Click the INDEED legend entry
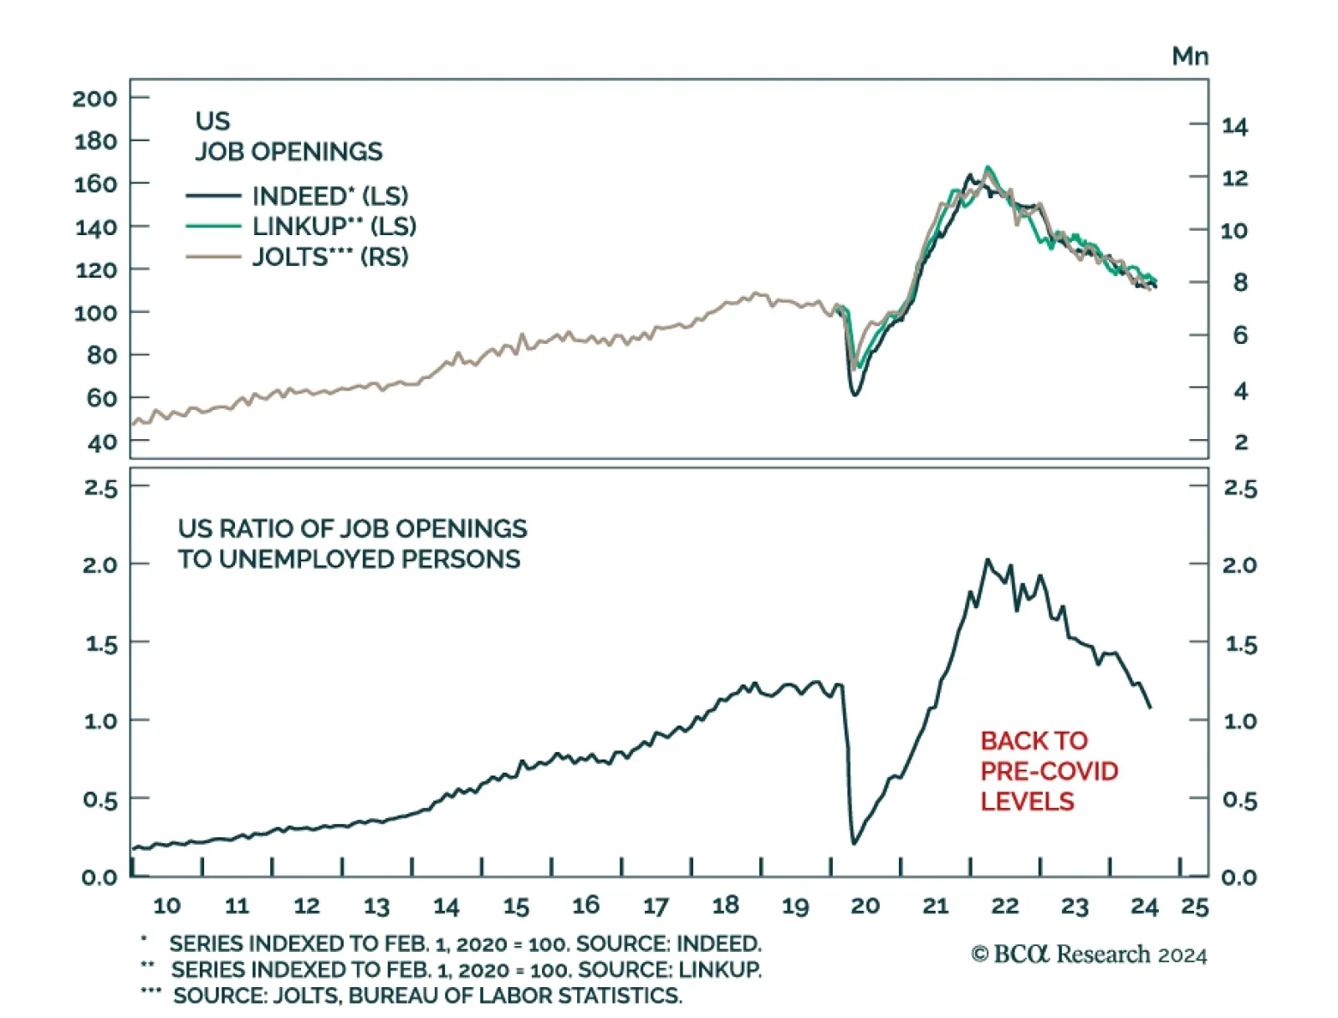tap(329, 196)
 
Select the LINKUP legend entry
tap(334, 226)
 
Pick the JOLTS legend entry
tap(329, 257)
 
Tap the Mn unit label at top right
tap(1189, 56)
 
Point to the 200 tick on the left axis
tap(94, 99)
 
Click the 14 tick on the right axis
tap(1234, 126)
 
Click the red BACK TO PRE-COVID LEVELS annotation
tap(1049, 770)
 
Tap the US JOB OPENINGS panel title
tap(289, 136)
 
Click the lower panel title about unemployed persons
tap(352, 544)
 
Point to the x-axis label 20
tap(865, 906)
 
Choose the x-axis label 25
tap(1194, 907)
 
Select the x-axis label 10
tap(166, 906)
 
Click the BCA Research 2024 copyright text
tap(1089, 954)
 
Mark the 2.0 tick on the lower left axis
tap(100, 565)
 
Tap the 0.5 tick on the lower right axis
tap(1239, 801)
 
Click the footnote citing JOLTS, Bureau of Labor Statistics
tap(427, 995)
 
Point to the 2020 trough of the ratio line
tap(853, 843)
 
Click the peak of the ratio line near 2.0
tap(987, 560)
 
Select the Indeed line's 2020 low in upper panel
tap(855, 394)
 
